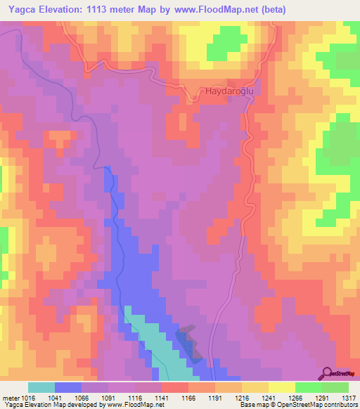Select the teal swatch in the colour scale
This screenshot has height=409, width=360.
[x=41, y=387]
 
